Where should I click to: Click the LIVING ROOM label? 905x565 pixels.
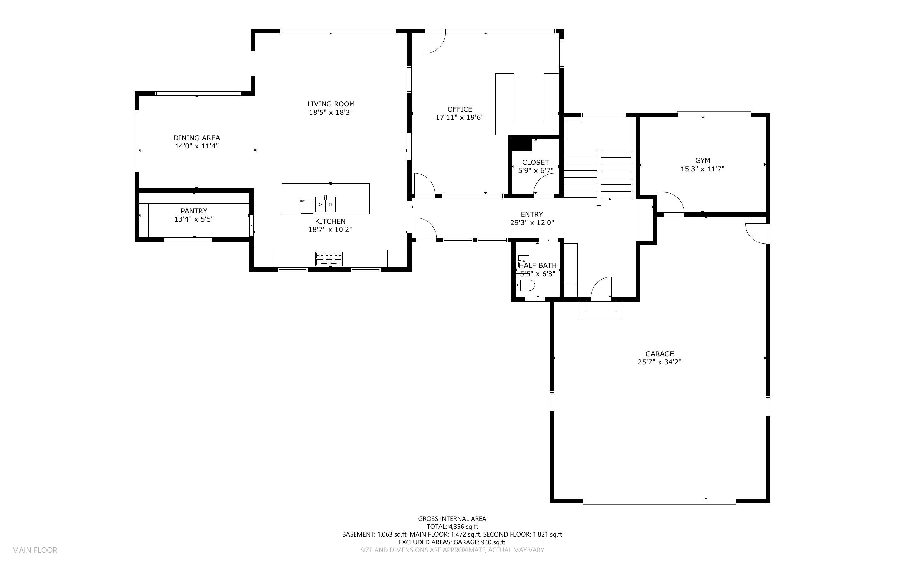coord(331,104)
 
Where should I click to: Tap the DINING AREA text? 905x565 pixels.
coord(197,138)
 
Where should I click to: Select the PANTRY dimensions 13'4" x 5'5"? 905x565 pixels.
coord(194,219)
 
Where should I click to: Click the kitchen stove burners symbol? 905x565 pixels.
coord(329,258)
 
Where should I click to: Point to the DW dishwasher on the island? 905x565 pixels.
coord(306,206)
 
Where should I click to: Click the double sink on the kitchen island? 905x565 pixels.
coord(325,204)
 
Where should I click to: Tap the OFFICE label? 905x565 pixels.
coord(460,109)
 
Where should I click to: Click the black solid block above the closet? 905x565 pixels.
coord(520,143)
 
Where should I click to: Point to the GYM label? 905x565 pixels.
coord(702,160)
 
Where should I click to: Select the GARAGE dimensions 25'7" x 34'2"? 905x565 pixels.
coord(660,362)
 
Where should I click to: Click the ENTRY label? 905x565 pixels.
coord(532,214)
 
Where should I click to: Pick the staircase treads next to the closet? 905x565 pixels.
coord(597,174)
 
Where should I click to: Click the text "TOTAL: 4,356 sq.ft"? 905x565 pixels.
coord(452,527)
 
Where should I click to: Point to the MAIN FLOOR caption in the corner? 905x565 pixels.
coord(35,550)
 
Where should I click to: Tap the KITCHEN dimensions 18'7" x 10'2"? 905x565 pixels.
coord(330,230)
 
